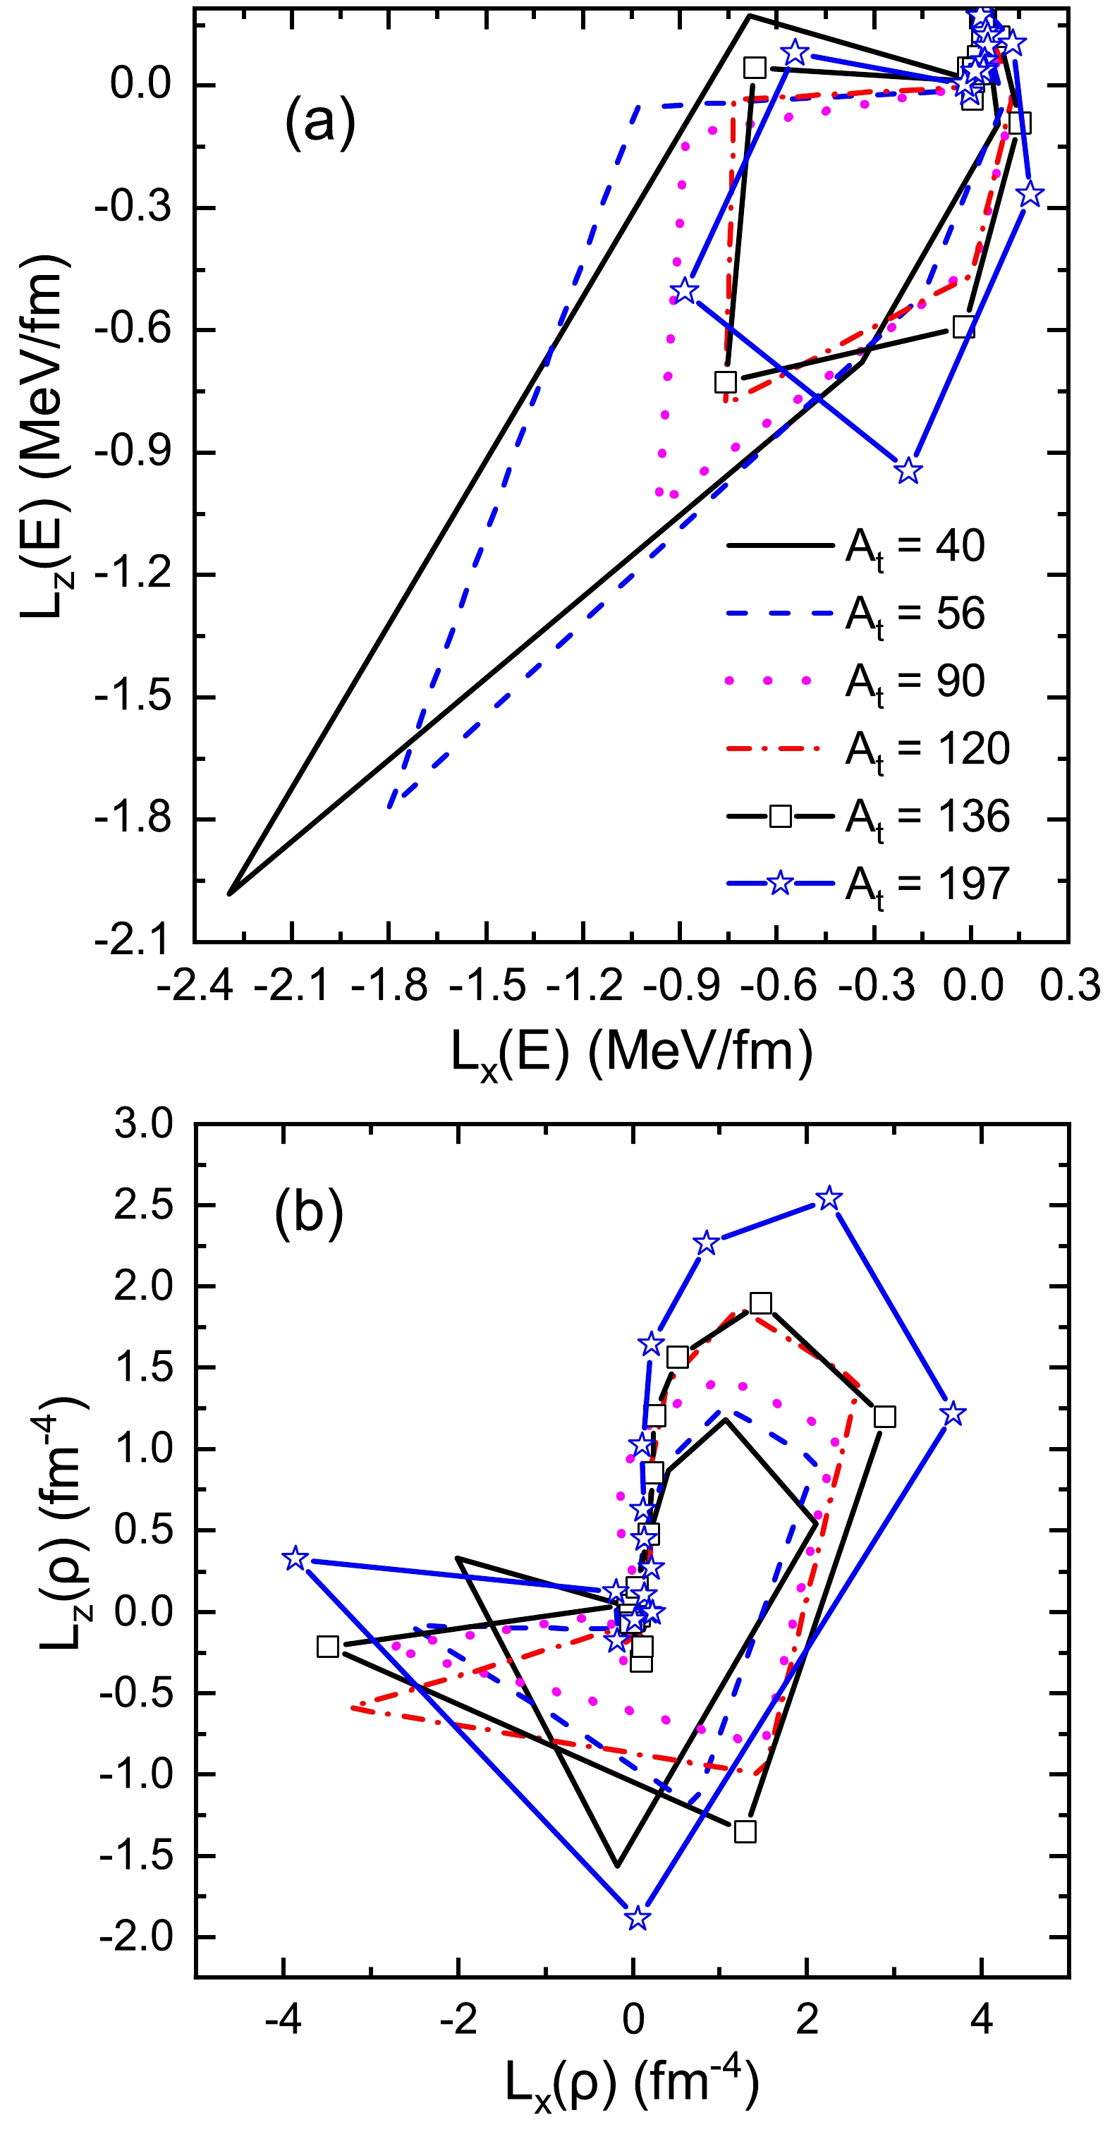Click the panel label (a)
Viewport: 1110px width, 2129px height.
(x=320, y=121)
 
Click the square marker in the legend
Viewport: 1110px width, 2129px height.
(x=780, y=817)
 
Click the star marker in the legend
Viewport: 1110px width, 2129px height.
(x=780, y=884)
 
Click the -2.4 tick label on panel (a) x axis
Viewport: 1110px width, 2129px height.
(x=194, y=985)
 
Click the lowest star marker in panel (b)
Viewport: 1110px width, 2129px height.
(x=636, y=1918)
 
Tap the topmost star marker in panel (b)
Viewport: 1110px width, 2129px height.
(x=829, y=1198)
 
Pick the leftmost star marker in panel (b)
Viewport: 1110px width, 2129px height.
(x=295, y=1558)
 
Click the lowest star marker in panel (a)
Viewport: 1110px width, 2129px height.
(x=908, y=470)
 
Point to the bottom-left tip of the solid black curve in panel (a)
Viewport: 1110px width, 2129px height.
(x=229, y=893)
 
